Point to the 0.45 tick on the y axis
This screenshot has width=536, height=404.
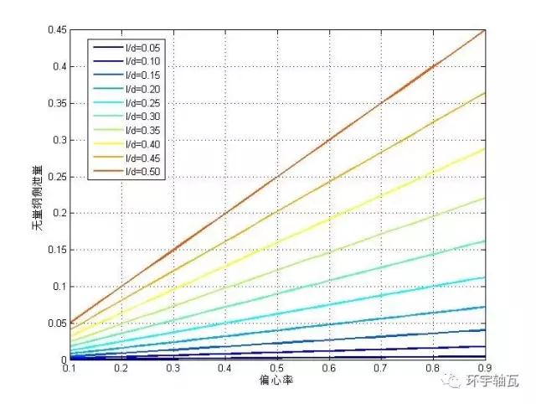(56, 30)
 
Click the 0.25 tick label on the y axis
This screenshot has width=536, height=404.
(56, 177)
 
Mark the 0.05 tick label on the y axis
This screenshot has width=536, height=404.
(56, 324)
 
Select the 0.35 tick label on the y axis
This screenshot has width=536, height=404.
(56, 103)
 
